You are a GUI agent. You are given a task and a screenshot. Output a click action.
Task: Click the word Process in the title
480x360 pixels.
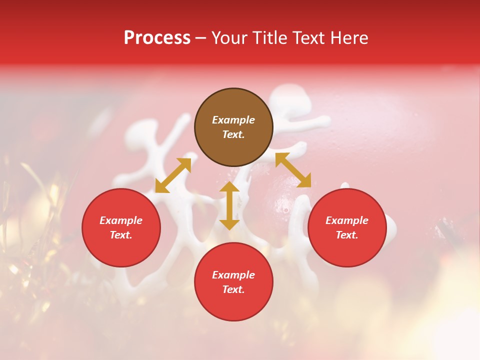pos(157,38)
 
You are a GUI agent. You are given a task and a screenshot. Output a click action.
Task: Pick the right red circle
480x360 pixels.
pos(347,250)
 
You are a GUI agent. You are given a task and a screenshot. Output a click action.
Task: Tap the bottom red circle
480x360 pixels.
pos(233,305)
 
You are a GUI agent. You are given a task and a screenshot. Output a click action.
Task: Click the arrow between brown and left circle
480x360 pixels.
pos(173,175)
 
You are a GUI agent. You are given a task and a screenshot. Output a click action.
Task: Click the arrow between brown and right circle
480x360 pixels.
pos(293,170)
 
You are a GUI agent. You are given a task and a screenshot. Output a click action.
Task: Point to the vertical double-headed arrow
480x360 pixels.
pos(229,205)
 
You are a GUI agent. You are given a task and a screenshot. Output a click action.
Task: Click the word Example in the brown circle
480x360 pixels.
pos(233,120)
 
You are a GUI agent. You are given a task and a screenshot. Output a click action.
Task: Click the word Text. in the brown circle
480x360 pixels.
pos(233,134)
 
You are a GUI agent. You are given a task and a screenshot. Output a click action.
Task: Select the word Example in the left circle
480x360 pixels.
pos(121,220)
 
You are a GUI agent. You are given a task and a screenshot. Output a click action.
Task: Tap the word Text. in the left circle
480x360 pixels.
pos(121,235)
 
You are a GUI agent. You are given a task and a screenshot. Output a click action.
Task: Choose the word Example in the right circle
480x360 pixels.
pos(347,220)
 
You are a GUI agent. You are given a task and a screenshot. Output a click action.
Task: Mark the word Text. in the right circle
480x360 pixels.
pos(347,235)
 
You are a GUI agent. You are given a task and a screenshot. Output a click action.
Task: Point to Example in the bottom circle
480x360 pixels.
pos(233,275)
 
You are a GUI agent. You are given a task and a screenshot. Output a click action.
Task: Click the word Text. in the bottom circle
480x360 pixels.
pos(233,289)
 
